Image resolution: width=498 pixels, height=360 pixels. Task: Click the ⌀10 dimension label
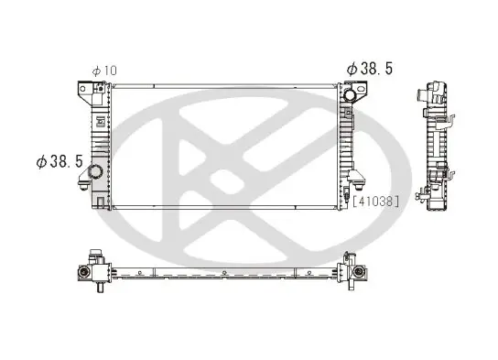[x=104, y=71]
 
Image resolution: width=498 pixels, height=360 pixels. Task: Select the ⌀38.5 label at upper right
[x=370, y=69]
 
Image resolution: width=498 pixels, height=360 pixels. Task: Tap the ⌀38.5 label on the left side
[x=60, y=161]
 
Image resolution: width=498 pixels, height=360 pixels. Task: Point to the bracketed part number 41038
[x=375, y=202]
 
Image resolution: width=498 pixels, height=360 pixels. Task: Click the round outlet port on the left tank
[x=95, y=171]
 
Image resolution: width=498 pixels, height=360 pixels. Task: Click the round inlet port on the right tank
[x=350, y=94]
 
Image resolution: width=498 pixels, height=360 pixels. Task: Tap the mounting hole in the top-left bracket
[x=82, y=89]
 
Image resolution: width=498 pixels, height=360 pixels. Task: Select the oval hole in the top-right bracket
[x=361, y=88]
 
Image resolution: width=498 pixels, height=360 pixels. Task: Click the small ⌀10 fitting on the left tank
[x=101, y=88]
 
